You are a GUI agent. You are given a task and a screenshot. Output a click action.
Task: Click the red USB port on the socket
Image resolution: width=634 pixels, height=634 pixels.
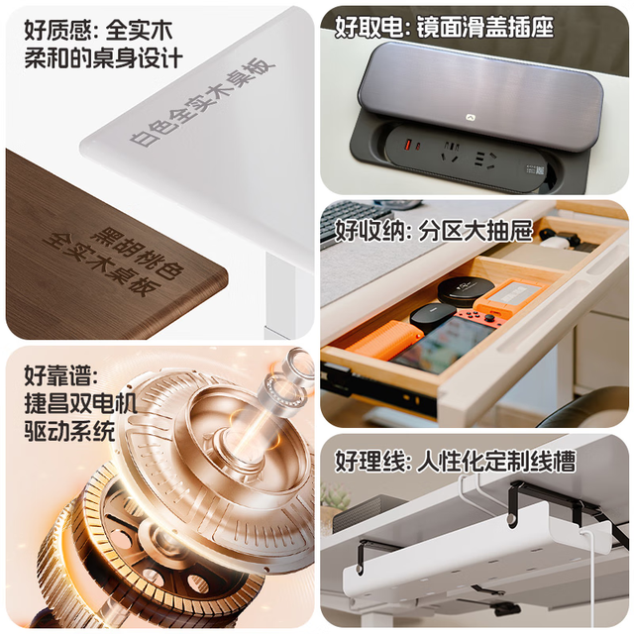click(407, 144)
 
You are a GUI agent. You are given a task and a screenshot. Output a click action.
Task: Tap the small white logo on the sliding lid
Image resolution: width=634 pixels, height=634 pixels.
click(471, 118)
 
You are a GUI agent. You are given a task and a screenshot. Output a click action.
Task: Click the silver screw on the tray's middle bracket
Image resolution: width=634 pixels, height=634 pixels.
click(512, 519)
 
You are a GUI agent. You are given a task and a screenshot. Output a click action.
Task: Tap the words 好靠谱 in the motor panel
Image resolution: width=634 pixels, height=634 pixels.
click(57, 375)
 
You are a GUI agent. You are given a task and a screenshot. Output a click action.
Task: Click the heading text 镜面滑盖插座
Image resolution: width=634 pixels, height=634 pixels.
click(485, 27)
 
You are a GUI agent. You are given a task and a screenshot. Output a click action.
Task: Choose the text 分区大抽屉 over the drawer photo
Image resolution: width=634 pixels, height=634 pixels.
click(476, 231)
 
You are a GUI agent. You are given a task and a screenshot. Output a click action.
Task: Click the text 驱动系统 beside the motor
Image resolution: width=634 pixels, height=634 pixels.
click(69, 432)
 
